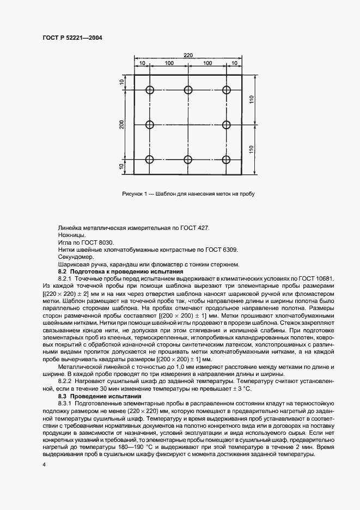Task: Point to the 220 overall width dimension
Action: click(188, 56)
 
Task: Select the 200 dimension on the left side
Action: click(123, 125)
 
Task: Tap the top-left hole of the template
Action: click(150, 90)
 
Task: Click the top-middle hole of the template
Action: click(188, 90)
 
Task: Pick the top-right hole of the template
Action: click(227, 90)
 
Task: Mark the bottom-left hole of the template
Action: click(150, 160)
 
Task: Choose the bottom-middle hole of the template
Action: click(188, 160)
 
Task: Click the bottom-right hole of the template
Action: click(227, 160)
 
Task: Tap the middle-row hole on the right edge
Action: click(227, 125)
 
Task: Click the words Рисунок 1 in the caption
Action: click(135, 193)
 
